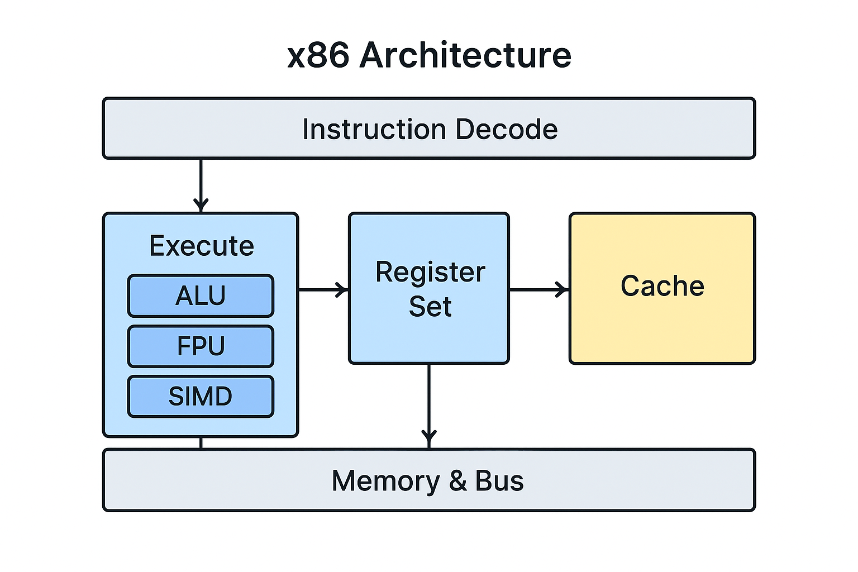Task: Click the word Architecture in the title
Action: coord(465,56)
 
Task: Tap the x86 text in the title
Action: coord(318,56)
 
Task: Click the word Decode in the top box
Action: coord(507,129)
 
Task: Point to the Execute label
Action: coord(201,246)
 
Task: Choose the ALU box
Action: coord(201,295)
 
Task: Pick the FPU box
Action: coord(201,346)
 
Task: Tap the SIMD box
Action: coord(201,396)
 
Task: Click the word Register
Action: coord(430,273)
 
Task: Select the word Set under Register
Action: coord(430,307)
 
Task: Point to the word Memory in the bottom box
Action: coord(385,481)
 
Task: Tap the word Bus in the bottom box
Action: coord(499,481)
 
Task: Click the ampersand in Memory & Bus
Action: coord(457,481)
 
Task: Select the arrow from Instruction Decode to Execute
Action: coord(201,184)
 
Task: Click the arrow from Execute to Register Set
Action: coord(323,290)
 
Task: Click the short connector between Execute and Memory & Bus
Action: coord(201,443)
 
